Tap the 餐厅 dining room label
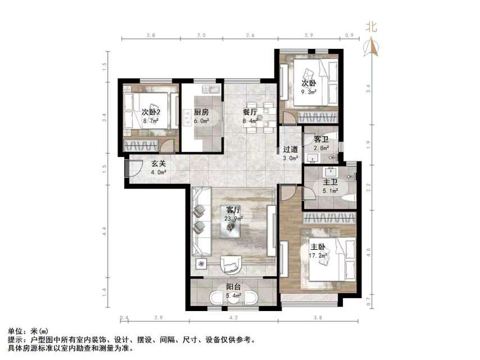tap(250, 112)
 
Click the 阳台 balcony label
tap(234, 287)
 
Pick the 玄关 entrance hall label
tap(159, 164)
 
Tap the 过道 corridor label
tap(290, 150)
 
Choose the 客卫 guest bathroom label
tap(321, 138)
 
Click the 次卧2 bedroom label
tap(151, 112)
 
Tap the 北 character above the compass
tap(372, 26)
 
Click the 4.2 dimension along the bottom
tap(234, 318)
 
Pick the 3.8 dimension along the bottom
tap(318, 318)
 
